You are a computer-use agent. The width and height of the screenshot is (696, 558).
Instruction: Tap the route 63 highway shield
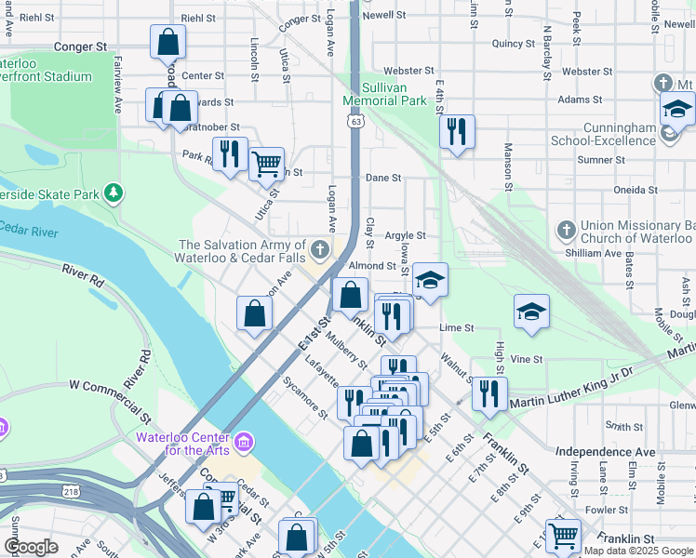point(356,121)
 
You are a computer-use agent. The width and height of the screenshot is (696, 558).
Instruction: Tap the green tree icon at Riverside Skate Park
point(114,193)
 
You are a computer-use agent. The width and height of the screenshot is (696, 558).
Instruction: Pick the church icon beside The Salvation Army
point(320,248)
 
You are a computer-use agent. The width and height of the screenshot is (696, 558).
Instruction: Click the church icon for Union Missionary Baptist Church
point(566,230)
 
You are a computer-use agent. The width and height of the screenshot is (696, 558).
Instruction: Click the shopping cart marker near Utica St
point(267,164)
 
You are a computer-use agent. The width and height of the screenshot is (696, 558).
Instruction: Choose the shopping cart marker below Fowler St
point(563,535)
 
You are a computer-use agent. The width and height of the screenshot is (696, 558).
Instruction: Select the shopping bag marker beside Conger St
point(167,41)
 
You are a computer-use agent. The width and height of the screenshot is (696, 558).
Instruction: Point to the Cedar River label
point(28,228)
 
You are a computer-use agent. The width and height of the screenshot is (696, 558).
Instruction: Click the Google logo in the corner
point(31,547)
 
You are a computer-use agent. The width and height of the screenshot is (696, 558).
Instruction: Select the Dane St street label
point(382,178)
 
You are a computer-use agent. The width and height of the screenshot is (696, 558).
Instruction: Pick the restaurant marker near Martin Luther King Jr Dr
point(489,393)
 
